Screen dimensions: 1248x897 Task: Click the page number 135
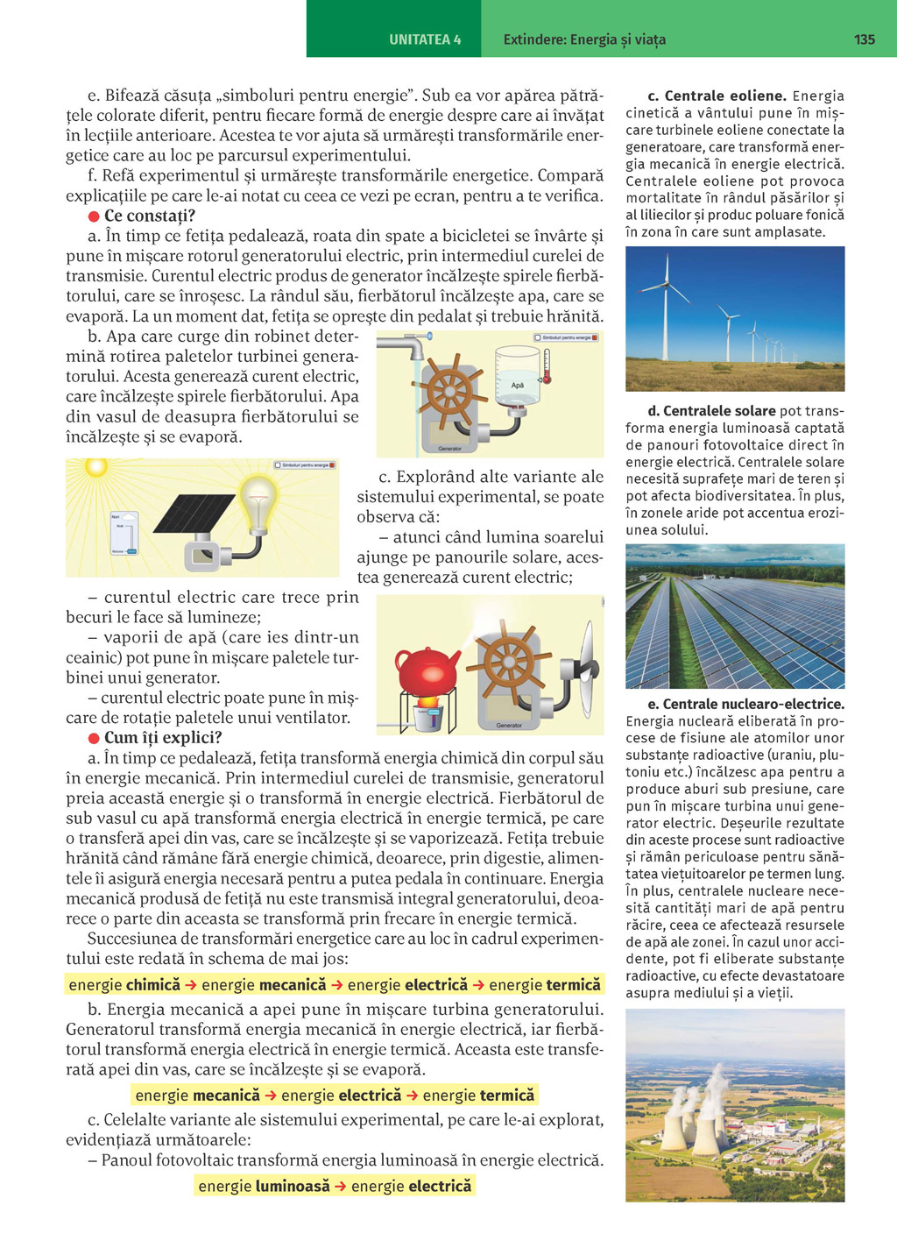(864, 39)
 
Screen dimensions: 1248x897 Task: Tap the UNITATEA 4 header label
(425, 39)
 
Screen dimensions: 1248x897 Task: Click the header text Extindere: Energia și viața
(584, 39)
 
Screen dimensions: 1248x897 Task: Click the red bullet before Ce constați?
(94, 216)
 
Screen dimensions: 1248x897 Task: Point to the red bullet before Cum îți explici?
(94, 738)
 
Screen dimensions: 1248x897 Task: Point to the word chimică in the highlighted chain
(153, 985)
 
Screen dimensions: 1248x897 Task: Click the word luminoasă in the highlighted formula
(293, 1186)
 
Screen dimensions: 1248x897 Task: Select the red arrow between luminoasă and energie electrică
(341, 1186)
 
